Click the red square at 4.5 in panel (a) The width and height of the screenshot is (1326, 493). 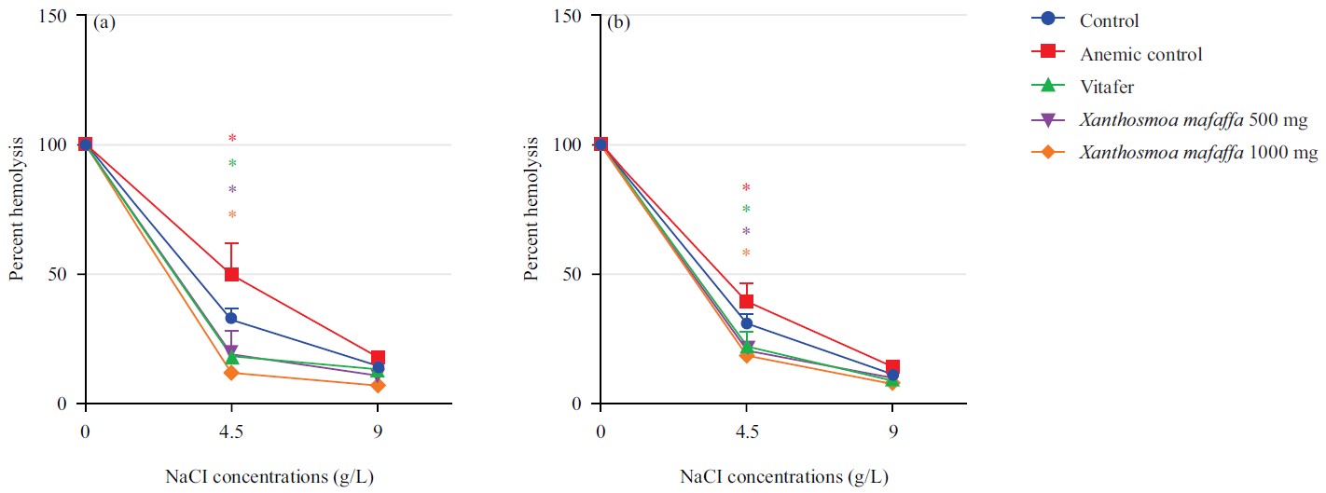[x=231, y=274]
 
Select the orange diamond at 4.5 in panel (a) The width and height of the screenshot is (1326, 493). [x=231, y=373]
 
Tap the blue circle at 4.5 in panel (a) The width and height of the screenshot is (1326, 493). [x=231, y=318]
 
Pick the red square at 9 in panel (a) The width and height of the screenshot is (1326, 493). [x=378, y=358]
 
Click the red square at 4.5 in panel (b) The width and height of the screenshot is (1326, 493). [x=746, y=301]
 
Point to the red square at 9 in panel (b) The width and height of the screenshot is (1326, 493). [x=892, y=367]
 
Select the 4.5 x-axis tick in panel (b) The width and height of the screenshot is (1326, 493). [x=746, y=432]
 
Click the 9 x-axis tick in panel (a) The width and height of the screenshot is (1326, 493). [x=378, y=432]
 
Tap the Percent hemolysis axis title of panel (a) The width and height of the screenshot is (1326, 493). [x=16, y=210]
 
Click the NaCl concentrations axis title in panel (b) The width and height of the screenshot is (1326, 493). [x=783, y=476]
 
